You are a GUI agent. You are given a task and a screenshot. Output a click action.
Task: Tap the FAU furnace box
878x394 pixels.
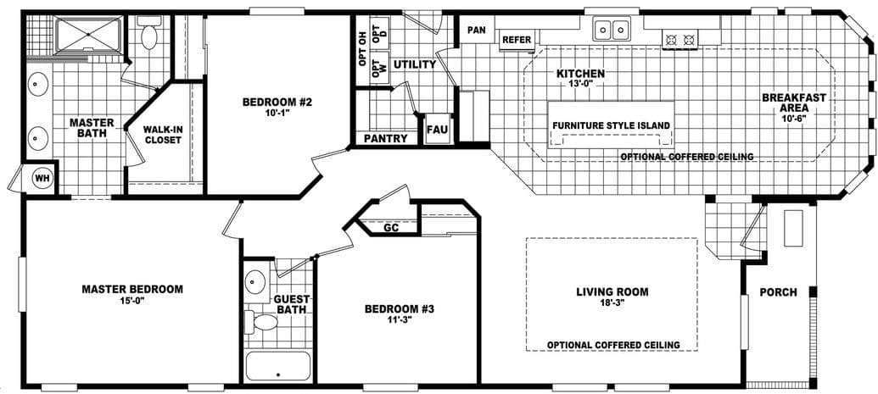436,130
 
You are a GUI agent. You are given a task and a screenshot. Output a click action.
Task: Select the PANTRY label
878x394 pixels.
386,138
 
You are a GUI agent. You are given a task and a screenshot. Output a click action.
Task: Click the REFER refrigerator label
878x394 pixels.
517,40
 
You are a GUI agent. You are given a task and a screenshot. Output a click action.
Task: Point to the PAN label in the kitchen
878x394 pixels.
476,31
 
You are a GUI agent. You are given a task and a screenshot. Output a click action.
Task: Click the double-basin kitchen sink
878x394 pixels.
612,31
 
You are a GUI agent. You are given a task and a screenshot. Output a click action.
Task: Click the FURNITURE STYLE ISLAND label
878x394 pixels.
612,125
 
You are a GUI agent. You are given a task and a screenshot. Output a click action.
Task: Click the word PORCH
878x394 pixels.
778,292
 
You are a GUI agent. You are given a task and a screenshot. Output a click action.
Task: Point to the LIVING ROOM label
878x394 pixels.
612,291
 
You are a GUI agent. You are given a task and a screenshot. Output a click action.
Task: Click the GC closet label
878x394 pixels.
391,227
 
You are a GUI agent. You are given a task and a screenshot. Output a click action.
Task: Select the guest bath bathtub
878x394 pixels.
277,367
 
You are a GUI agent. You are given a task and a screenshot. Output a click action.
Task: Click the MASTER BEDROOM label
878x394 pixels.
131,289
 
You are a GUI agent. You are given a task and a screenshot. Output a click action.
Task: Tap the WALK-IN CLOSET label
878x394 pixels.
163,135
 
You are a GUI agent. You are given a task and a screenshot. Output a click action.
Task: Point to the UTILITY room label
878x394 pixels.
414,64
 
